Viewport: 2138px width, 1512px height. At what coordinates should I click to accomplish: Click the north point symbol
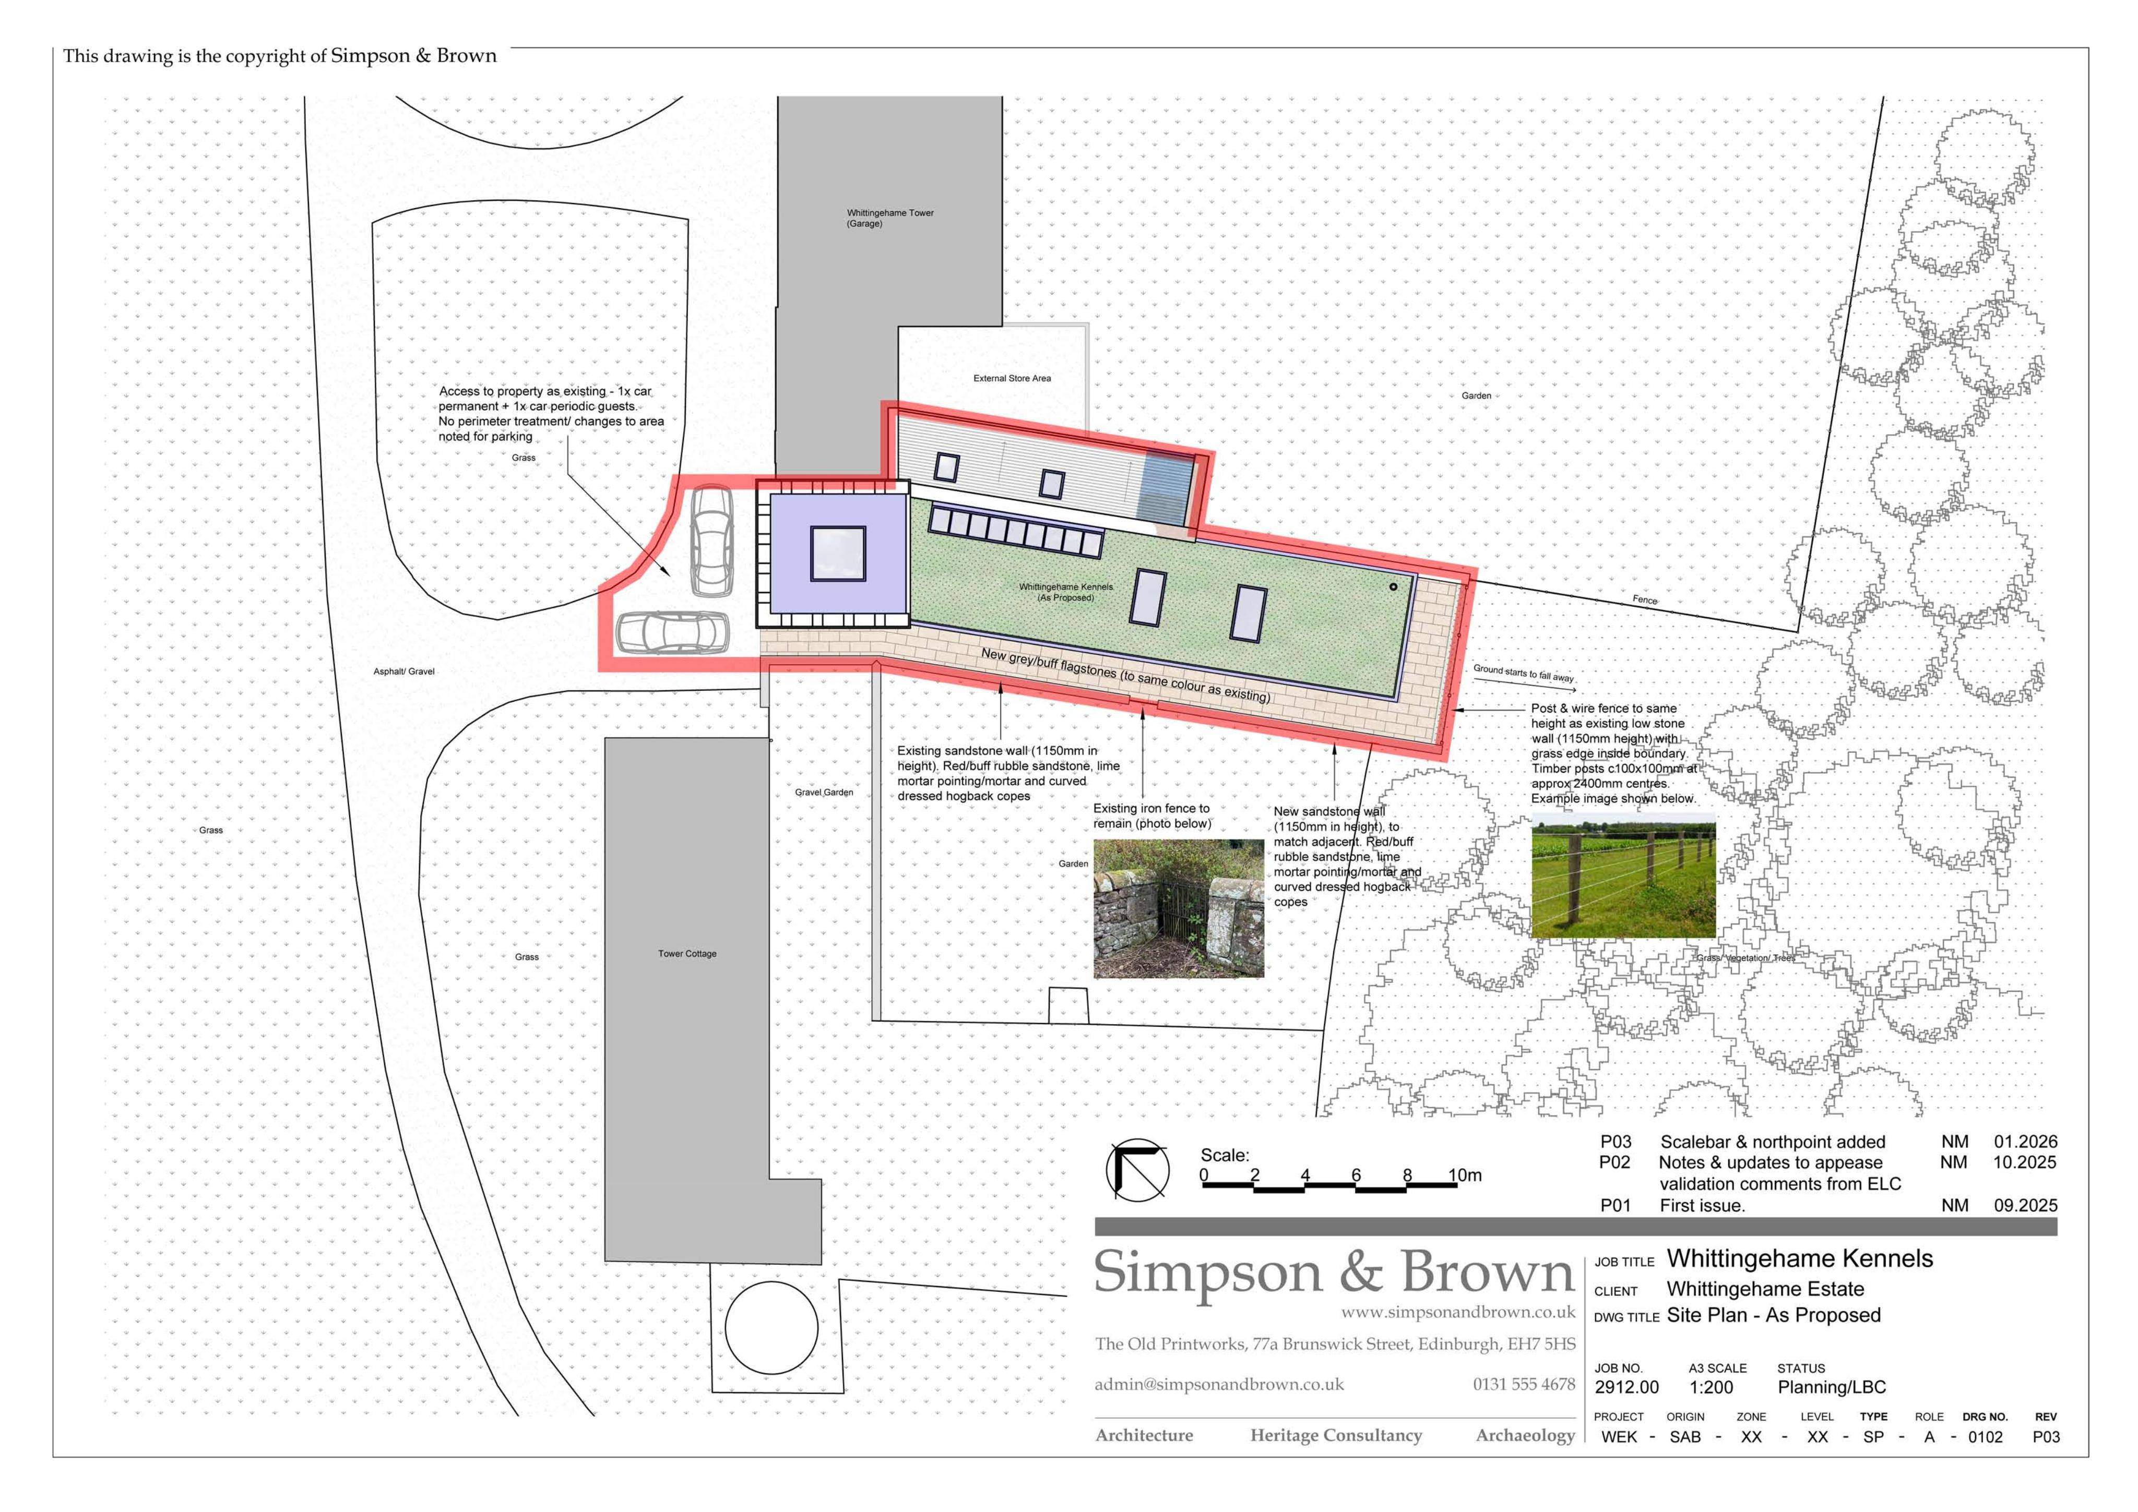click(x=1137, y=1169)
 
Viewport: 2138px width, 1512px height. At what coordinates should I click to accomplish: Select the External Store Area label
click(x=1012, y=378)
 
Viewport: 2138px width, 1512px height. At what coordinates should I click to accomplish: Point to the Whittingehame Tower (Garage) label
click(x=890, y=218)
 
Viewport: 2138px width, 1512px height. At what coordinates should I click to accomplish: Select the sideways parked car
click(x=671, y=632)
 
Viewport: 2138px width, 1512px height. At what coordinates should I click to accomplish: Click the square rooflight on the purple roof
click(x=838, y=554)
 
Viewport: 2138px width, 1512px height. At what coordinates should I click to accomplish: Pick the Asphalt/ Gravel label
click(x=404, y=671)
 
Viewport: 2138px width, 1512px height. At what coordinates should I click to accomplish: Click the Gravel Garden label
click(x=824, y=793)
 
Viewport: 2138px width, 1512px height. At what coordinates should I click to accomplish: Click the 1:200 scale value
click(x=1712, y=1387)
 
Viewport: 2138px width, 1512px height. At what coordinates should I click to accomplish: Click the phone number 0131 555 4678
click(x=1524, y=1385)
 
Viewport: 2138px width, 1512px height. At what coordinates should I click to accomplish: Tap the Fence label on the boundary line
click(x=1644, y=599)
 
